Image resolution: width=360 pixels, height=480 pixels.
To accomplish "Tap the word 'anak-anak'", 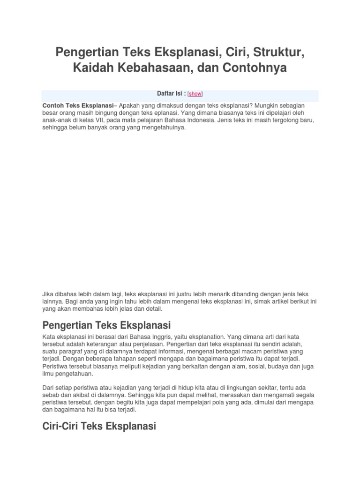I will click(54, 120).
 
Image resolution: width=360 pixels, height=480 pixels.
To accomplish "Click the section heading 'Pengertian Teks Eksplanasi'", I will click(106, 325).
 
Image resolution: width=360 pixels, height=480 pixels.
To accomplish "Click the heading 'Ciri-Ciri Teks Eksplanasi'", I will click(99, 427).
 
